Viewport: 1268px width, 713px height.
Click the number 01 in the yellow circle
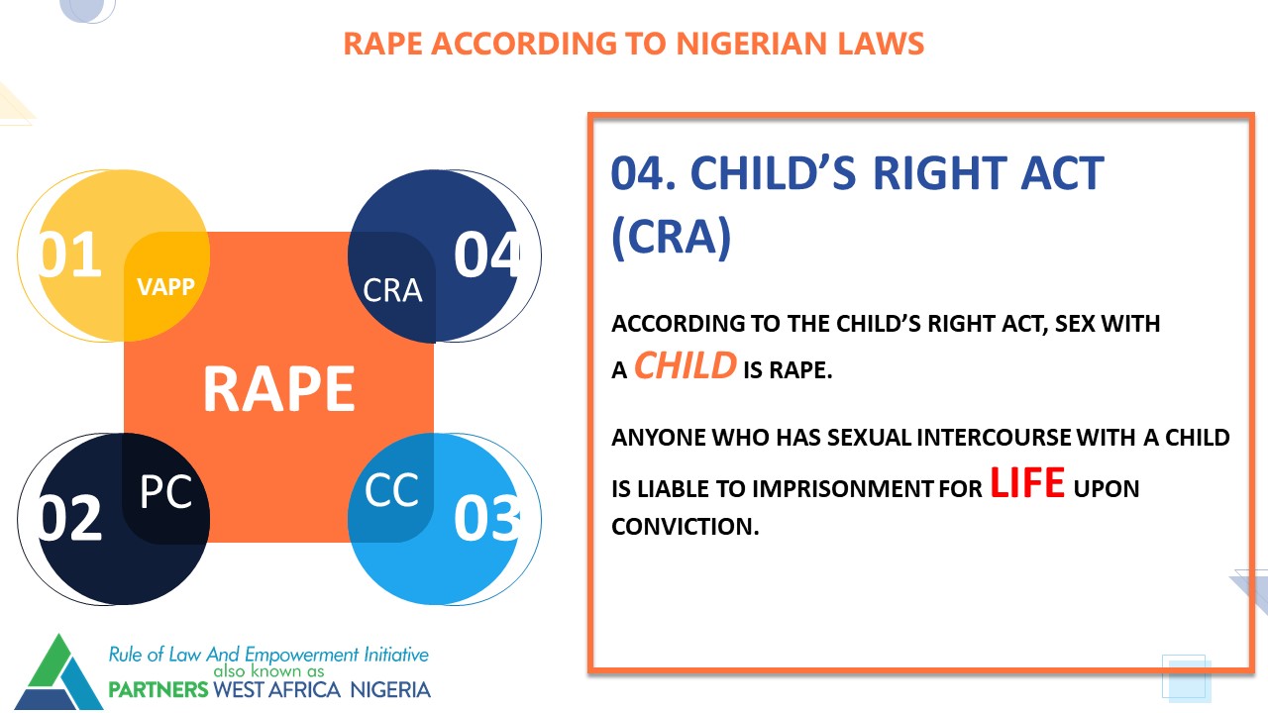click(69, 255)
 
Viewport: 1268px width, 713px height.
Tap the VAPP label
click(165, 287)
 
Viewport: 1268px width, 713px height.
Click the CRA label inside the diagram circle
click(392, 291)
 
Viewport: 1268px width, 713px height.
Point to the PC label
click(165, 491)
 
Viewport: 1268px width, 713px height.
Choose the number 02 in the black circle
click(69, 518)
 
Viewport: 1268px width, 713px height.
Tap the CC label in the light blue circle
click(391, 490)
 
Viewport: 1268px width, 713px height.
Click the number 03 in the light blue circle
click(486, 518)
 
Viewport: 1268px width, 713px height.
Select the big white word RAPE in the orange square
click(279, 389)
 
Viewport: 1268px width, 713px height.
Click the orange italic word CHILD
click(685, 365)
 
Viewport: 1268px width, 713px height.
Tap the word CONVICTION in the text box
click(685, 527)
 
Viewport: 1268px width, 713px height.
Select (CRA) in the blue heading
click(672, 237)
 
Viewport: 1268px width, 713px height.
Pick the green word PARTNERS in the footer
click(158, 690)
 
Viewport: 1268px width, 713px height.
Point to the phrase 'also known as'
click(268, 671)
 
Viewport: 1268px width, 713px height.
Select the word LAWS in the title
click(881, 44)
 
